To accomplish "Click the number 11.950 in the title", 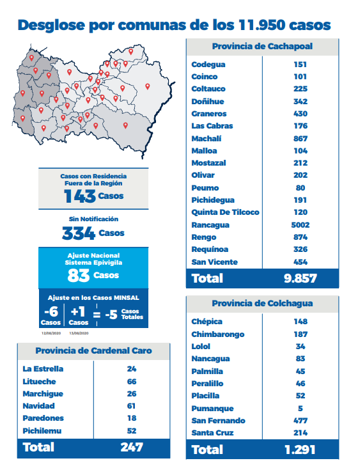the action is click(x=262, y=24).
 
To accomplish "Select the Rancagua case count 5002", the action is click(x=301, y=225).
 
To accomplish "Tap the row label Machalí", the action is click(x=207, y=139).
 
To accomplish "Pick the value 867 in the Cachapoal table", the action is click(x=301, y=139).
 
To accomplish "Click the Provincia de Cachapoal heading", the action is click(x=262, y=46).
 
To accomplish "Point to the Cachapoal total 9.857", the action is click(x=301, y=278).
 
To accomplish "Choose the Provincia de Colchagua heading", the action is click(x=262, y=303).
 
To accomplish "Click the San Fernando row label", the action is click(x=218, y=421).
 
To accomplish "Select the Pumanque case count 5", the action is click(x=301, y=408).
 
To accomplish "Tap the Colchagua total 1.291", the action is click(x=300, y=450).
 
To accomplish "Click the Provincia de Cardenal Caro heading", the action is click(x=93, y=350).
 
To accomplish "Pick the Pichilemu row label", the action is click(x=42, y=431).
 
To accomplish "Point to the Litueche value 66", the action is click(x=132, y=382).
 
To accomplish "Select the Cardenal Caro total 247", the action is click(x=132, y=447).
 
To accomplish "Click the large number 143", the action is click(x=80, y=196).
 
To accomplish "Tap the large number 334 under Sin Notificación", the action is click(x=79, y=233).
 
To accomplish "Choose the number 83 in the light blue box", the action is click(x=79, y=275).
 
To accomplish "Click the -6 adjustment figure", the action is click(x=51, y=312).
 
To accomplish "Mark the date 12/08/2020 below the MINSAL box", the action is click(x=51, y=333).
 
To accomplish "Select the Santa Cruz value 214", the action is click(x=301, y=433).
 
